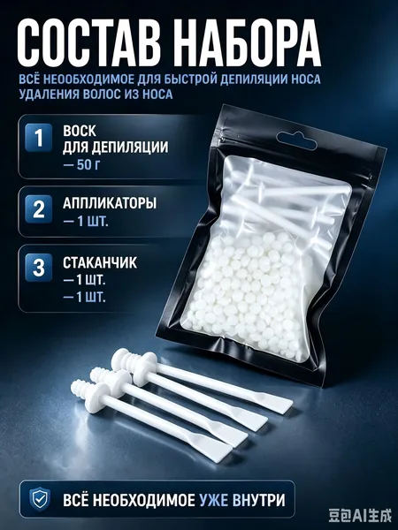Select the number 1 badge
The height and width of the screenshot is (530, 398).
[39, 138]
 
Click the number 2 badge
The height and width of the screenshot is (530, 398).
[39, 209]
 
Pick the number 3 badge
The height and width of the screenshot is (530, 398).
[39, 268]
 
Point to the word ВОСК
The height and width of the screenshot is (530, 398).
[80, 131]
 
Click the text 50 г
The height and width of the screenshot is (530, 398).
[88, 165]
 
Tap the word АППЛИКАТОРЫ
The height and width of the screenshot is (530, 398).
[110, 203]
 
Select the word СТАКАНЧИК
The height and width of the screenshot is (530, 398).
[100, 262]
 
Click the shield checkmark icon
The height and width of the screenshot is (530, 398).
[40, 500]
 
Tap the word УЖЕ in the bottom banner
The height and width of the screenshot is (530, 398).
[213, 500]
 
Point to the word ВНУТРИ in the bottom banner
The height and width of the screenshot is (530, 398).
[259, 500]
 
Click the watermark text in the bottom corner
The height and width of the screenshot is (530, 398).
[360, 516]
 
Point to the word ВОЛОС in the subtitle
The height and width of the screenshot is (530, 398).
[98, 94]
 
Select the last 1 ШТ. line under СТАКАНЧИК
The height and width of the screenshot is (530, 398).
[85, 298]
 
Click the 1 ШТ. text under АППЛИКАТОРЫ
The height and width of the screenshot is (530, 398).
[86, 222]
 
